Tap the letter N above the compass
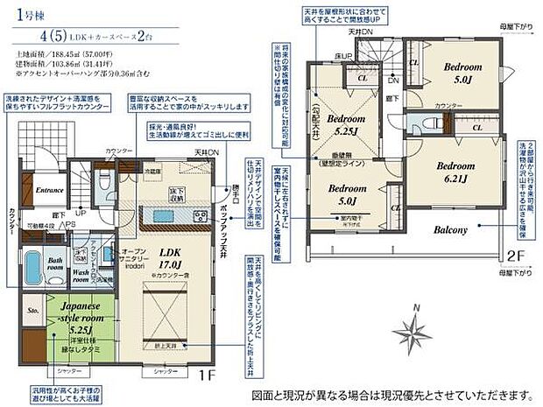(x=417, y=306)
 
